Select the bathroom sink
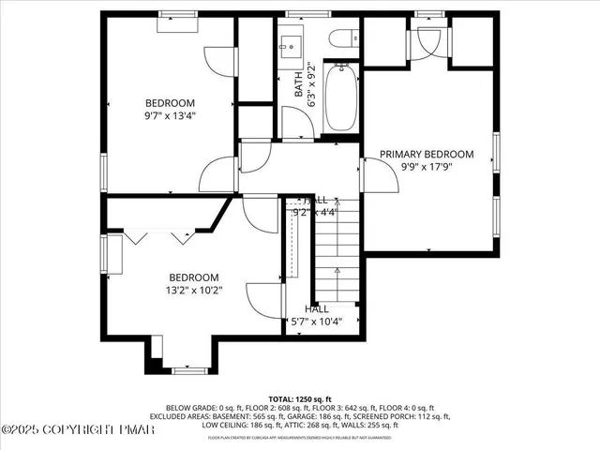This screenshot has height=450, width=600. pyautogui.click(x=288, y=44)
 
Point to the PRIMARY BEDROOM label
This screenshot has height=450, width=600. pyautogui.click(x=426, y=154)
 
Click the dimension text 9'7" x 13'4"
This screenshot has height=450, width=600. pyautogui.click(x=170, y=117)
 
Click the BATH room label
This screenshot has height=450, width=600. pyautogui.click(x=299, y=87)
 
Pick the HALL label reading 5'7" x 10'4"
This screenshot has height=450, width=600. pyautogui.click(x=316, y=315)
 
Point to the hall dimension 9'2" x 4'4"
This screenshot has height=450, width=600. pyautogui.click(x=314, y=212)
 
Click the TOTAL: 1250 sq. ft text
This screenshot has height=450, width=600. pyautogui.click(x=299, y=398)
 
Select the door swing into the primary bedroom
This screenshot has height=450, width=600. pyautogui.click(x=375, y=173)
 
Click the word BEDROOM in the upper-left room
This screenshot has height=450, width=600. pyautogui.click(x=170, y=103)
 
